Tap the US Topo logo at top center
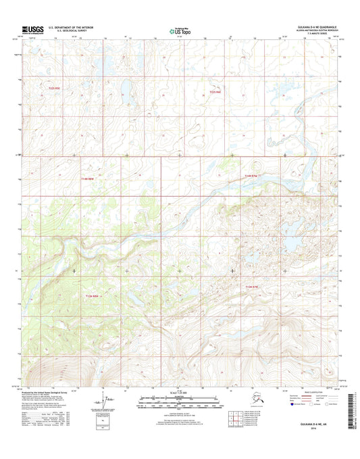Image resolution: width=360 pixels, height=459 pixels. click(x=179, y=29)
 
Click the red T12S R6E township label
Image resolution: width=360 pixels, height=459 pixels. click(x=215, y=91)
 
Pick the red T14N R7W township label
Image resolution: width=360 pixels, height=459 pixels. click(x=252, y=176)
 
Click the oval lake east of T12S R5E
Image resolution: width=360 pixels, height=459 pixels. click(x=125, y=88)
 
